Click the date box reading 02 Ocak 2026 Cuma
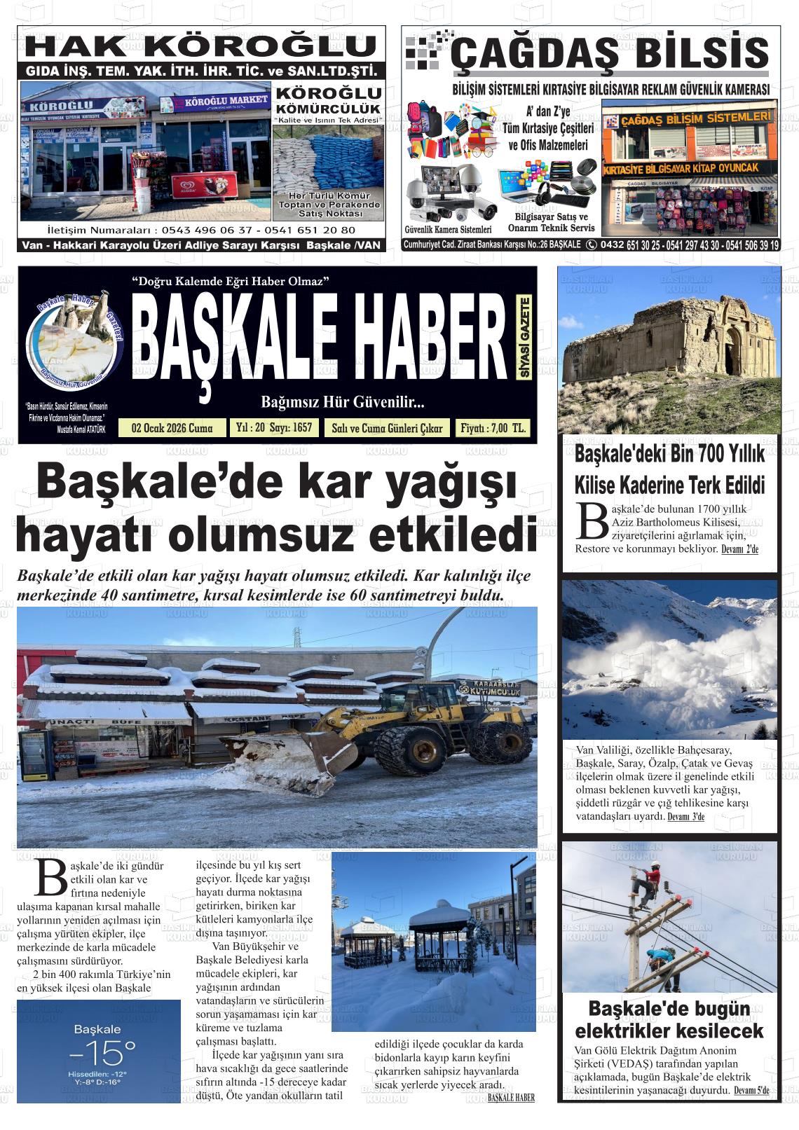point(172,429)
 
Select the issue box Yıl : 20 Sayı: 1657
point(274,428)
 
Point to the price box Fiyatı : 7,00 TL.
point(493,429)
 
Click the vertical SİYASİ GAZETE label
point(524,338)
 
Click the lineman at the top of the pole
point(650,883)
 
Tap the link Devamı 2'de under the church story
point(739,549)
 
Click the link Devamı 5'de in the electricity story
point(751,1091)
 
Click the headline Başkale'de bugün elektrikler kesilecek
point(669,1020)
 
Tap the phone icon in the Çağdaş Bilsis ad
point(591,244)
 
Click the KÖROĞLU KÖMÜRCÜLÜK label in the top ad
point(328,101)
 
